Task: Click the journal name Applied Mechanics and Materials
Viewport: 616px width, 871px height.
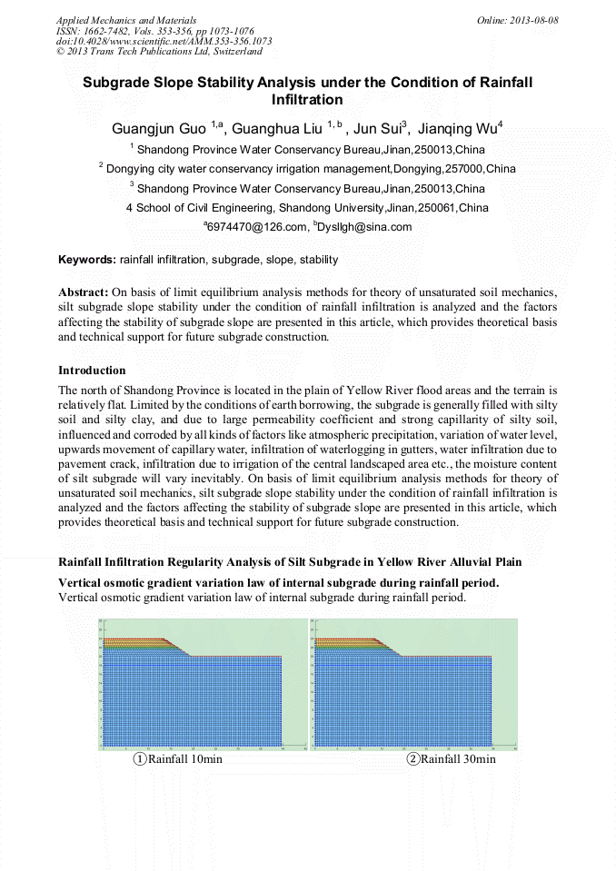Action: click(x=126, y=19)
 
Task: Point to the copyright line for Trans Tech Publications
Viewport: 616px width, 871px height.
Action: click(x=159, y=52)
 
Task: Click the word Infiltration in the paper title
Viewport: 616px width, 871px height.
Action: click(x=307, y=99)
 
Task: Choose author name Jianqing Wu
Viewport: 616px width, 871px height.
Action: click(x=462, y=129)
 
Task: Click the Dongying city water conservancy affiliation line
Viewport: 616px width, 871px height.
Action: click(x=309, y=169)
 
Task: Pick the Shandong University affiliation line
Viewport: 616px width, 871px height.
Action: click(x=307, y=208)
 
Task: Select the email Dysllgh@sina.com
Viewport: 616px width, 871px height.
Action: click(x=364, y=227)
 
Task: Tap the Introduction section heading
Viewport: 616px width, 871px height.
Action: click(x=92, y=371)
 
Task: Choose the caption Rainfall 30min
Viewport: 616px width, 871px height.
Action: click(x=457, y=759)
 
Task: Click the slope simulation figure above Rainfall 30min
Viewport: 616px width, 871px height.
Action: click(x=413, y=685)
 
